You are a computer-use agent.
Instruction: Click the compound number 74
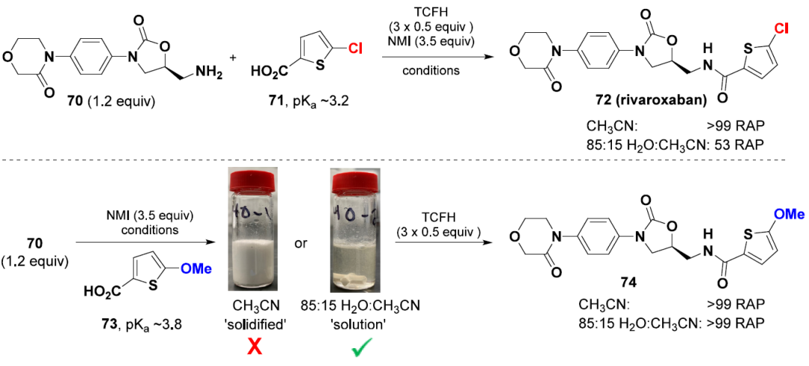coord(643,284)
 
